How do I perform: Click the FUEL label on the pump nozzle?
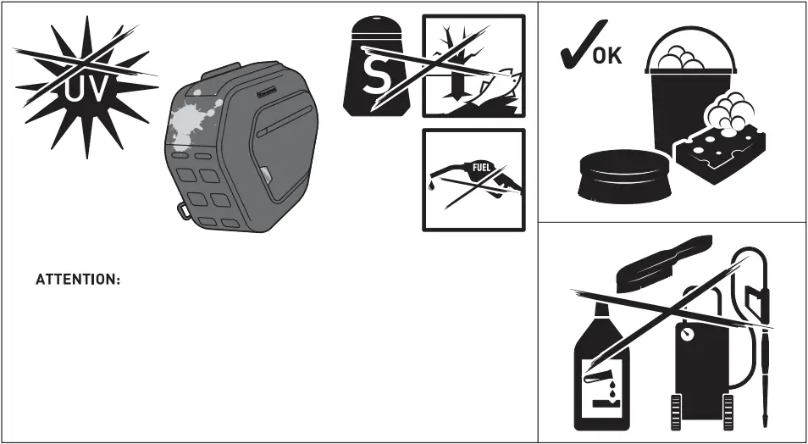point(483,167)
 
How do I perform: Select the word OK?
point(606,57)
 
